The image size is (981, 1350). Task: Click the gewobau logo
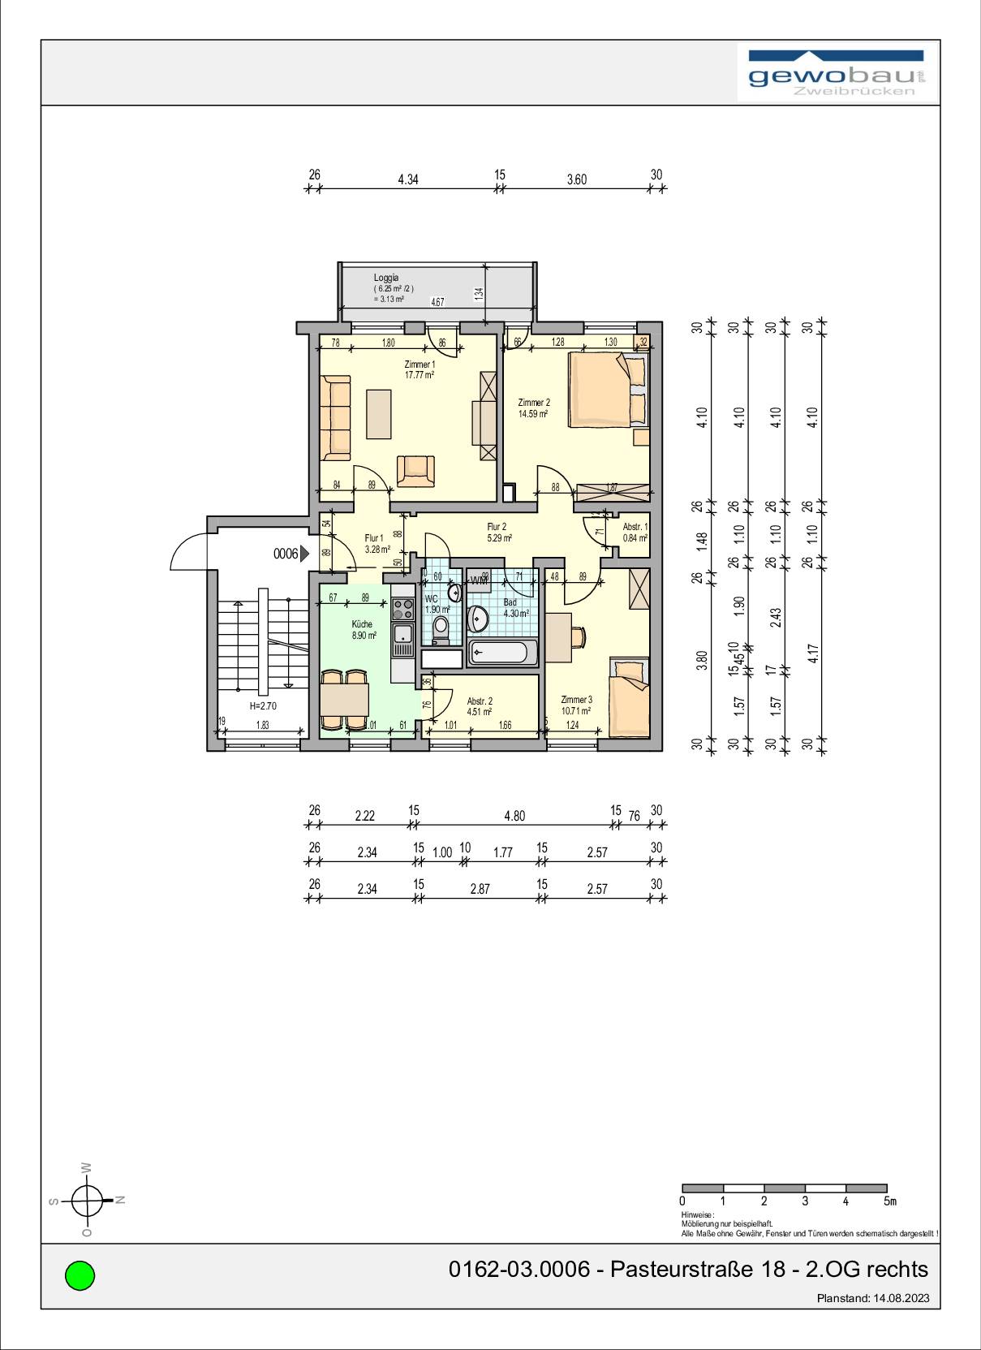point(837,74)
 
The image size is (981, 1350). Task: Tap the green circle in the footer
point(80,1275)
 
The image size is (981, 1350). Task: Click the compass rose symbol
point(87,1200)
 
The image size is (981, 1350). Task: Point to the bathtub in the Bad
point(503,652)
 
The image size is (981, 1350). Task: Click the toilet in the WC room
point(441,628)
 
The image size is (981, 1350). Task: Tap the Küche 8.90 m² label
point(363,630)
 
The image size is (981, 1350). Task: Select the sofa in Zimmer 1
point(335,418)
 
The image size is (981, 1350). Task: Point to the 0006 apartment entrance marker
point(291,554)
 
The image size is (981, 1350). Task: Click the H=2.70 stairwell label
point(262,706)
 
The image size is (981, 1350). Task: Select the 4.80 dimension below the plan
point(514,816)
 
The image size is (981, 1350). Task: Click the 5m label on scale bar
point(890,1201)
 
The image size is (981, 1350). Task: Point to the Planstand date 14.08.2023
point(901,1298)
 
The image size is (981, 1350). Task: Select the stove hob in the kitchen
point(402,608)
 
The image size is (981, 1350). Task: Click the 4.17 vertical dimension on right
point(814,653)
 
